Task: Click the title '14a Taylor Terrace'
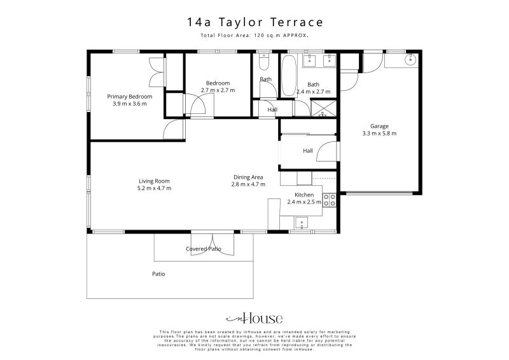(254, 22)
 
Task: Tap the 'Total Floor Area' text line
(254, 36)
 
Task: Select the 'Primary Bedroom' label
(129, 96)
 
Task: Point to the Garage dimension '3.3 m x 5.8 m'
(379, 134)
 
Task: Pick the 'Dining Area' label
(248, 177)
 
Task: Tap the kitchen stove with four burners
(330, 200)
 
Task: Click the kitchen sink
(303, 222)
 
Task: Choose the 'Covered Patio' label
(204, 249)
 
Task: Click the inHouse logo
(254, 319)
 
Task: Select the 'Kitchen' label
(304, 195)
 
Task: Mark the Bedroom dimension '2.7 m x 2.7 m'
(218, 90)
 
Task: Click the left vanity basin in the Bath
(310, 61)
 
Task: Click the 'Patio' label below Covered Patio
(158, 274)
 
